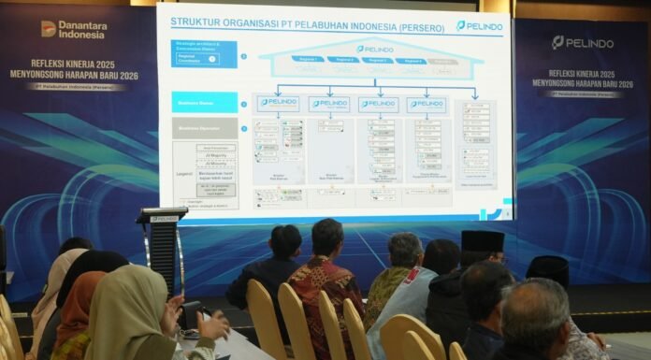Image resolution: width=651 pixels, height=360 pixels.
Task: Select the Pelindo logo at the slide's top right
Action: point(480,25)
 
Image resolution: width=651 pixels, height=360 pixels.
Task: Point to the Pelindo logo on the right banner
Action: point(582,42)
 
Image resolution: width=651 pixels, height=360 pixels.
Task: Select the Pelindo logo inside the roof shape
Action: point(374,49)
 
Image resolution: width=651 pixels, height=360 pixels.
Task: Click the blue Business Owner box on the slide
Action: point(205,103)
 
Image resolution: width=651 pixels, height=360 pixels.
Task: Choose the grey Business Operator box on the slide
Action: point(205,128)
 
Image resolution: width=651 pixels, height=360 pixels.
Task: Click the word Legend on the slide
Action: point(184,173)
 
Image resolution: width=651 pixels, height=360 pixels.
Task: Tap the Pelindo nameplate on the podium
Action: point(165,218)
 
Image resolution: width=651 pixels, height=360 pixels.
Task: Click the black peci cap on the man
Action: point(483,241)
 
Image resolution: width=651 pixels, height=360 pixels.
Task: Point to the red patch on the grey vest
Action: point(412,275)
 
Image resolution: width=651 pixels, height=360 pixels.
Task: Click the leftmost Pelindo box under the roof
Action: point(279,103)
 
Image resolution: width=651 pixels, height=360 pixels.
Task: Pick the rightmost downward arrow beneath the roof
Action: point(475,93)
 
